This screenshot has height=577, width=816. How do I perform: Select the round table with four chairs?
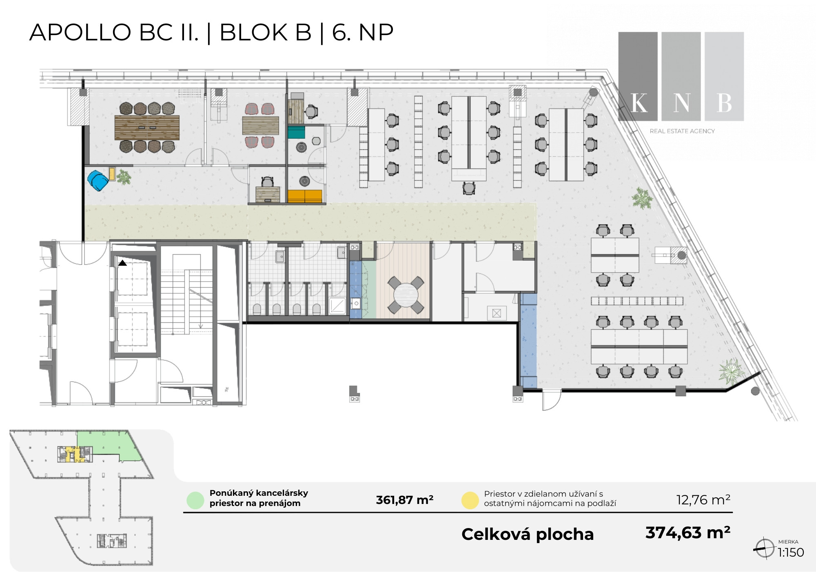(405, 295)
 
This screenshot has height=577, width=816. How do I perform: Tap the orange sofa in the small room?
(305, 196)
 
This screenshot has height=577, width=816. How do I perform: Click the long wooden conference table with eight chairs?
(147, 128)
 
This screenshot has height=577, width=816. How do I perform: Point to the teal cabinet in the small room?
(296, 132)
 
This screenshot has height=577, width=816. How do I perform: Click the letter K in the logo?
(639, 103)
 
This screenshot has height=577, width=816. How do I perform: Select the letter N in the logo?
(681, 103)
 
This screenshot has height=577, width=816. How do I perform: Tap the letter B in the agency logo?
(724, 103)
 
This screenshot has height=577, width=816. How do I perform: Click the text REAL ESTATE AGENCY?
(682, 131)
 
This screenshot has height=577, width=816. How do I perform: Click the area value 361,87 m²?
(404, 500)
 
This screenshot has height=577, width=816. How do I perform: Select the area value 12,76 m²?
(703, 499)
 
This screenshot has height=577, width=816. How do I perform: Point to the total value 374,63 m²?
(688, 533)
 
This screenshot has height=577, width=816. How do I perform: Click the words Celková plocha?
(528, 534)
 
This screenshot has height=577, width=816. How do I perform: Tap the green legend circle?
(195, 500)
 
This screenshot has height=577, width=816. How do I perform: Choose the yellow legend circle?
(470, 500)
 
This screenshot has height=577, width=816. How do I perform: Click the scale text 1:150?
(791, 553)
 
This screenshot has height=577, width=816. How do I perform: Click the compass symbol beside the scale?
(764, 548)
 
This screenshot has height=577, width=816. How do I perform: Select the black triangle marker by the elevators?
(122, 263)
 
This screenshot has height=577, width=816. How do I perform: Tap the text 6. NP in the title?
(363, 32)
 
